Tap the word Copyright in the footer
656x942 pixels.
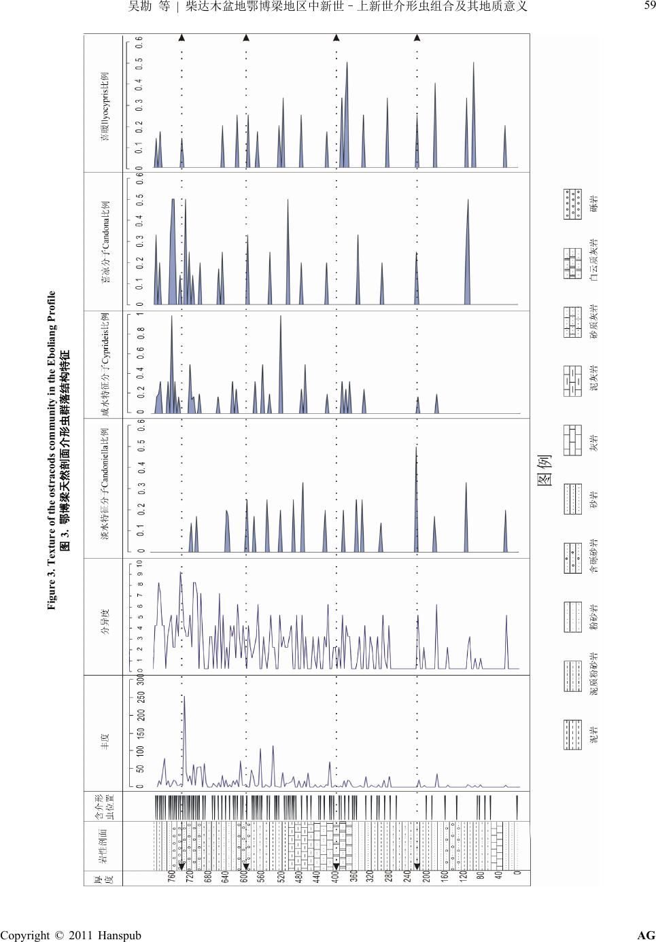(x=27, y=935)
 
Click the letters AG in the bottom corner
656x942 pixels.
(x=646, y=935)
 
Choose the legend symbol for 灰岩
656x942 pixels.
(x=573, y=436)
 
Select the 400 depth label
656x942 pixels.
(x=334, y=877)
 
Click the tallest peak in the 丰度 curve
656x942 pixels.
(x=184, y=697)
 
